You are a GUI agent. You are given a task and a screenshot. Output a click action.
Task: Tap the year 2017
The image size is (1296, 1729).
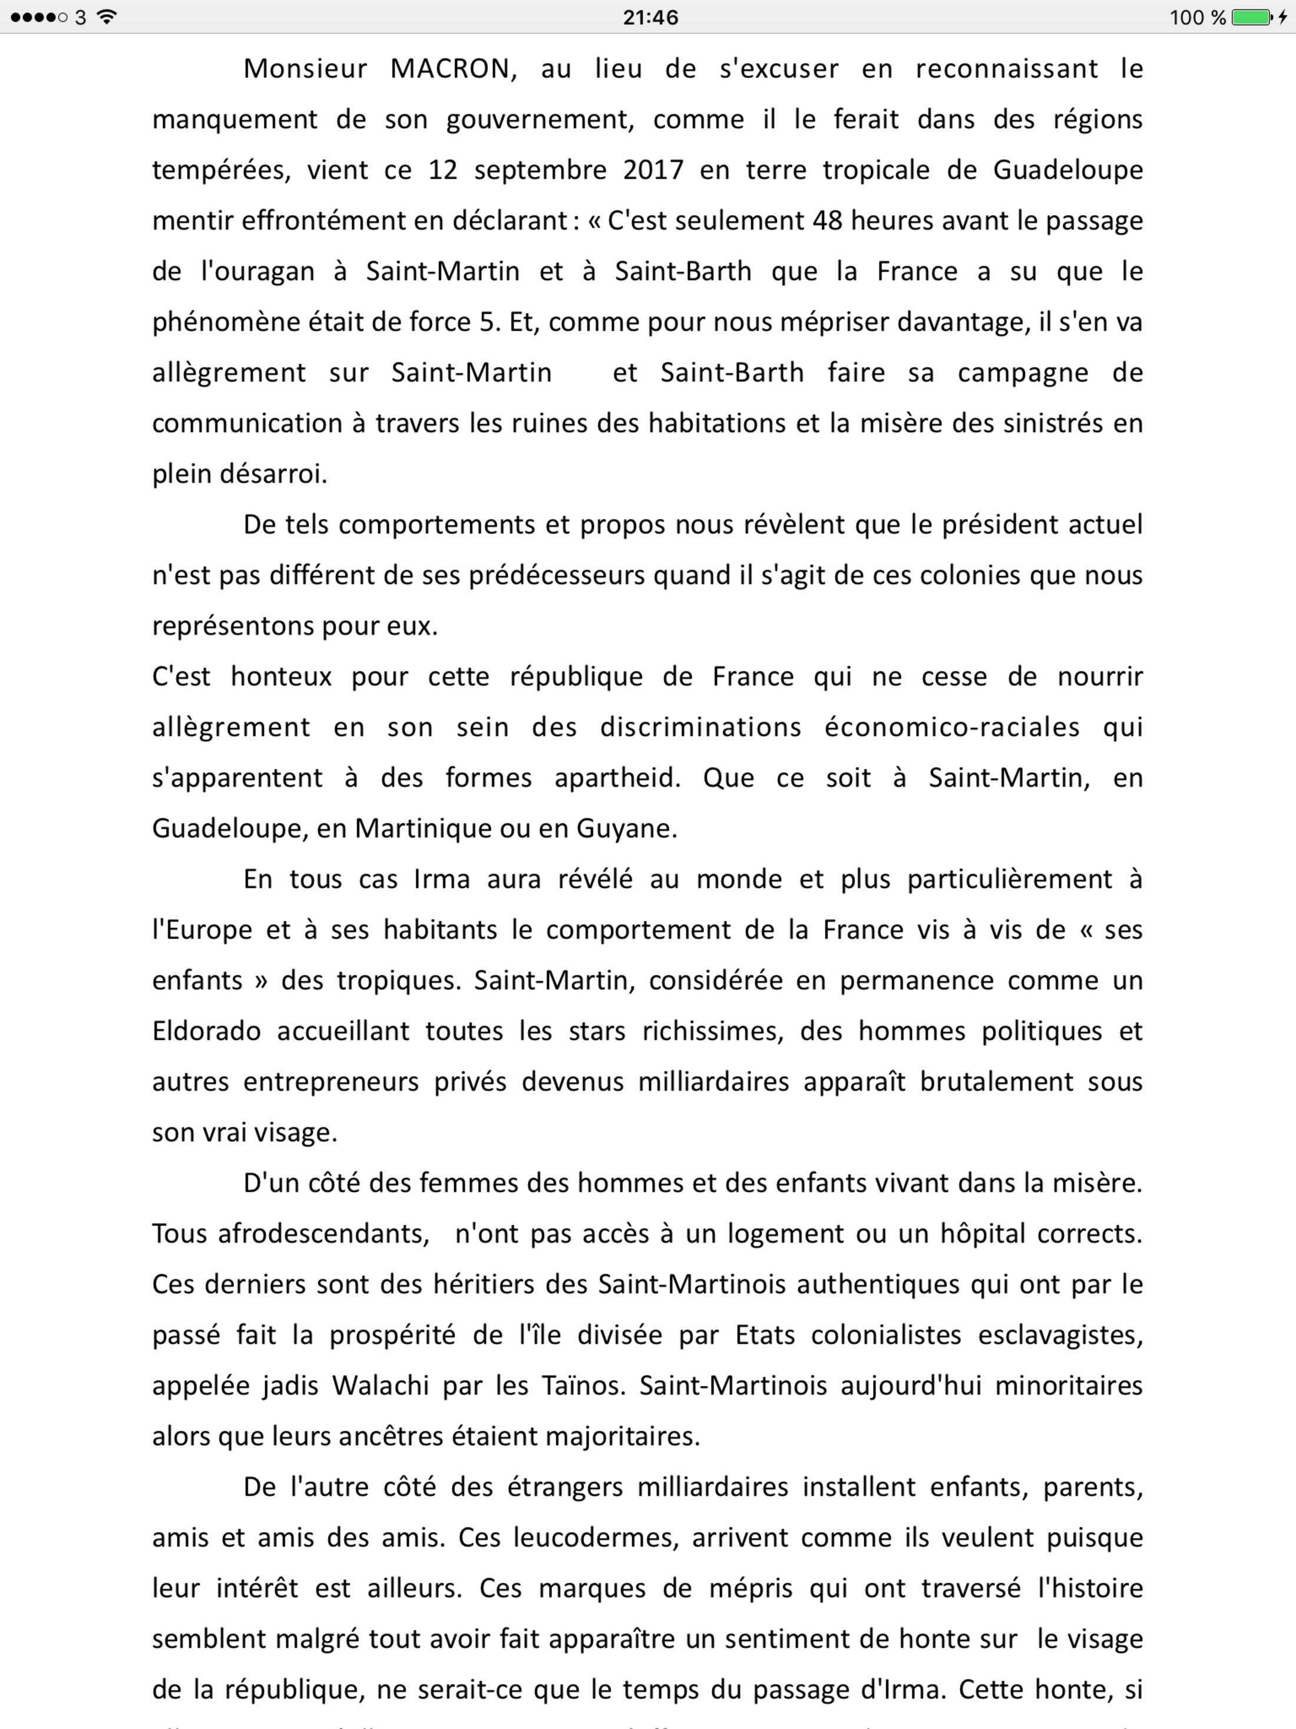point(653,170)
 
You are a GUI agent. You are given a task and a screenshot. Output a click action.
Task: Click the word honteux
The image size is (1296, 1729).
point(281,676)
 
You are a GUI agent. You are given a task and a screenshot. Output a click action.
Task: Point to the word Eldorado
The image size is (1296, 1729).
point(206,1031)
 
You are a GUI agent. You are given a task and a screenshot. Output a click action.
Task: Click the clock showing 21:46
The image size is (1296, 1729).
point(650,17)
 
